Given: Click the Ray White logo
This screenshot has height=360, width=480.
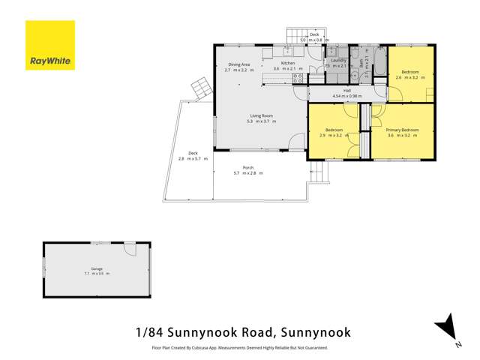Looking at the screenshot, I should pyautogui.click(x=49, y=45).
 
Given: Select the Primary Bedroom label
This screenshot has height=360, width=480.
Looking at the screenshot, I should pyautogui.click(x=403, y=130).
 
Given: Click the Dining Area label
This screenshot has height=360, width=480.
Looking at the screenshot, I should pyautogui.click(x=241, y=64).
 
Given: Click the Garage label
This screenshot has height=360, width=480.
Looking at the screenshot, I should pyautogui.click(x=97, y=268).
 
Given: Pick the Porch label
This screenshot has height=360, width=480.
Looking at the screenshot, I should pyautogui.click(x=247, y=167).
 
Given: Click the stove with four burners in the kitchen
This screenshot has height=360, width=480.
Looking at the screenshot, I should pyautogui.click(x=298, y=77).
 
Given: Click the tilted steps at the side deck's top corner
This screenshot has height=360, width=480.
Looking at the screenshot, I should pyautogui.click(x=200, y=89).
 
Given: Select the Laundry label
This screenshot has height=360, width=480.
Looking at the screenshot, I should pyautogui.click(x=338, y=59).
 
